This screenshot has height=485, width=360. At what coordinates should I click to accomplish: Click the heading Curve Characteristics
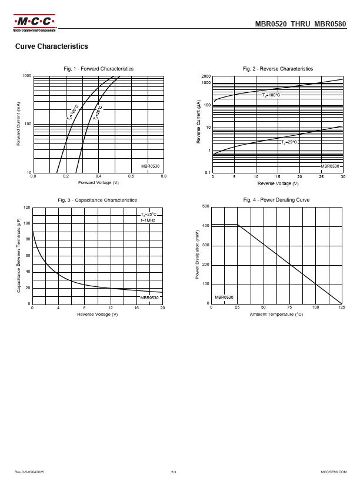pos(52,46)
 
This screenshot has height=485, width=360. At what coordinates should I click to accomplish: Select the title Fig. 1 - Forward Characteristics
pos(98,69)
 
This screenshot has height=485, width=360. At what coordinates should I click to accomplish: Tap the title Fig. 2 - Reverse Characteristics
pos(278,69)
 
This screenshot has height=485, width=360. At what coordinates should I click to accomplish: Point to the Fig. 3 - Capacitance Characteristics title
pos(97,200)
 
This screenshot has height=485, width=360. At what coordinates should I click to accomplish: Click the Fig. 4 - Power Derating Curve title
pos(276,200)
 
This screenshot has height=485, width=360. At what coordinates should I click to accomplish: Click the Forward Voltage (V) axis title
pos(98,182)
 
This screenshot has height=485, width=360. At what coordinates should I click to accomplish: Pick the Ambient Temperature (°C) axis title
pos(276,315)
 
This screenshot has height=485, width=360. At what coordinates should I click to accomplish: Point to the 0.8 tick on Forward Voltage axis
pos(163,176)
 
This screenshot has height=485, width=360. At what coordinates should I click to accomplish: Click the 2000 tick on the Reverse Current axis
pos(206,76)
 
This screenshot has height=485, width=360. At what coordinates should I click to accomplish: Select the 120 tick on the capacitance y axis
pos(26,208)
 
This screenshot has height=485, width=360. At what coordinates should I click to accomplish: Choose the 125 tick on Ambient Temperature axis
pos(342,307)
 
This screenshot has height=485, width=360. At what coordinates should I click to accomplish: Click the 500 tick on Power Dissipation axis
pos(205,206)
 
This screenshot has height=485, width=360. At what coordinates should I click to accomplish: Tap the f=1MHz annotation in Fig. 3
pos(148,220)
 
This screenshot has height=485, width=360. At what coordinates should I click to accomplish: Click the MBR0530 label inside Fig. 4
pos(224,297)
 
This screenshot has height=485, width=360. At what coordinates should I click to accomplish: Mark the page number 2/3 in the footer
pos(174,472)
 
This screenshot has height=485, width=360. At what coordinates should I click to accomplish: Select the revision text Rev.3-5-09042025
pos(29,472)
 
